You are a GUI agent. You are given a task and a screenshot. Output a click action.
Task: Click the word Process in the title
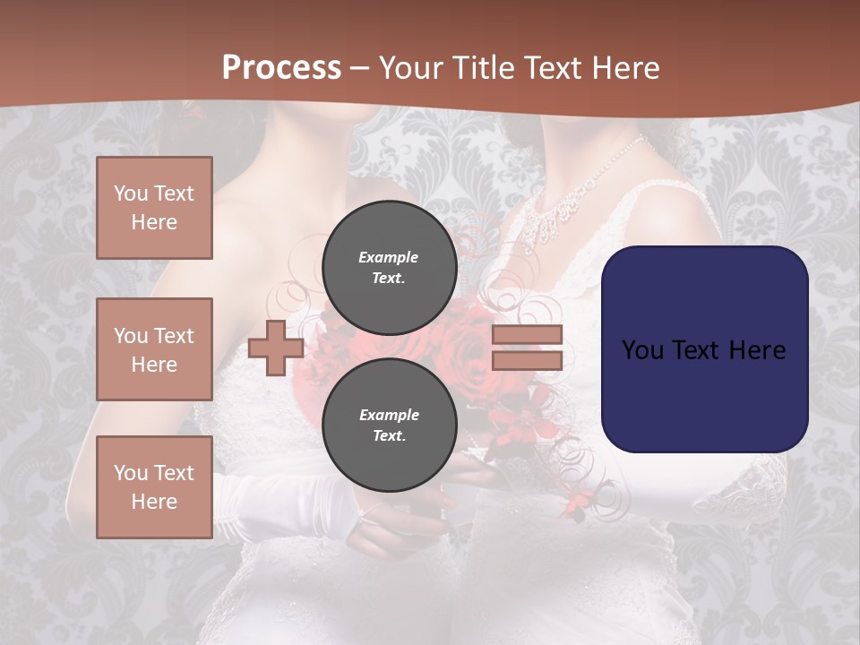click(281, 68)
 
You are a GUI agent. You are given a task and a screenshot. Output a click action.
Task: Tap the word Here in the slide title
click(623, 68)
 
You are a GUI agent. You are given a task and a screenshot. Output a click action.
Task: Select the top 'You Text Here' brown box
click(154, 208)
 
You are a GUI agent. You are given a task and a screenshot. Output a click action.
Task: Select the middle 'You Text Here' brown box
click(154, 349)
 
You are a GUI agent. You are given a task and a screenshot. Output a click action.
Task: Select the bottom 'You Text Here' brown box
click(154, 487)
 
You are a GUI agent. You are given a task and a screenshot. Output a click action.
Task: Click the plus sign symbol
click(275, 348)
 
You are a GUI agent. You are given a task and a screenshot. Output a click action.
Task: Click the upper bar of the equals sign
click(527, 335)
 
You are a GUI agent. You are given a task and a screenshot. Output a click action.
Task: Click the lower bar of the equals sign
click(527, 361)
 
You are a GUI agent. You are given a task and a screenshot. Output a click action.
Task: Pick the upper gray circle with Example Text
click(389, 267)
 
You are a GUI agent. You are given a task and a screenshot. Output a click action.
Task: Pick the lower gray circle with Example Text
click(389, 425)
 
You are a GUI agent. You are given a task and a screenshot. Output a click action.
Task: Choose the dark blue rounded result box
click(704, 349)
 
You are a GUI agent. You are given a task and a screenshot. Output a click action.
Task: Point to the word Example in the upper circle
click(389, 257)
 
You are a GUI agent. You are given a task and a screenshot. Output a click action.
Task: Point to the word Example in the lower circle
click(389, 415)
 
